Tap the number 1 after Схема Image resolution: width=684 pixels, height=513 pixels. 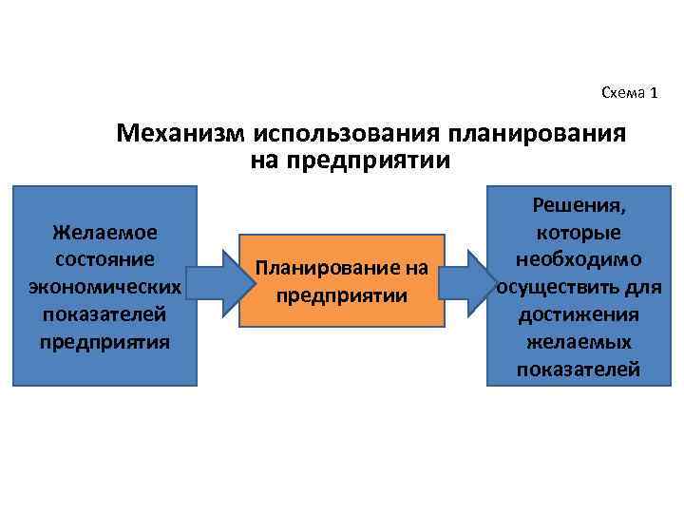tap(653, 92)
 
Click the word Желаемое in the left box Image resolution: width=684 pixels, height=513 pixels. tap(105, 232)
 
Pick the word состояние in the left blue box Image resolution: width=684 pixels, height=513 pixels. tap(105, 258)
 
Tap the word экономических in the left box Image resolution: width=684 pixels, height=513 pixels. tap(105, 286)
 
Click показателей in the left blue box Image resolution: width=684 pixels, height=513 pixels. tap(105, 313)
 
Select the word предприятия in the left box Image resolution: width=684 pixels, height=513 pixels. tap(105, 340)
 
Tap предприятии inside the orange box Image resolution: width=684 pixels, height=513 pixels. tap(342, 295)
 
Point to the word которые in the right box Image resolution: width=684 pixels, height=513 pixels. tap(579, 232)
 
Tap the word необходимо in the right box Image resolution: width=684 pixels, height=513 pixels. tap(579, 259)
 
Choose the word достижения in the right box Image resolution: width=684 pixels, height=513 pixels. tap(579, 314)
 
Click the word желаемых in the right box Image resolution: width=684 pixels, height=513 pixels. tap(579, 342)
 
